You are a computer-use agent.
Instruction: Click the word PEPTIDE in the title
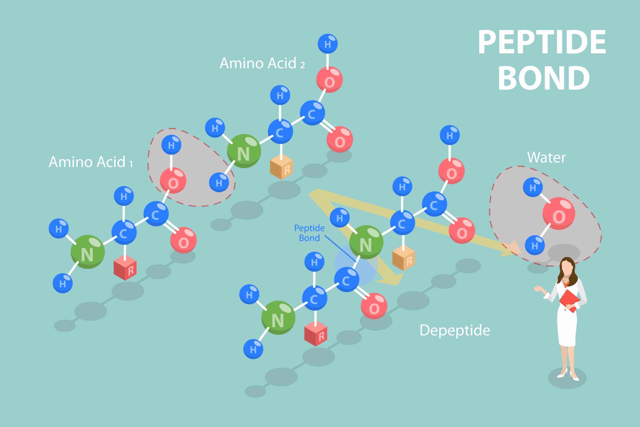pyautogui.click(x=542, y=42)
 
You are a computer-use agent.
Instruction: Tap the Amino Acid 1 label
pyautogui.click(x=90, y=162)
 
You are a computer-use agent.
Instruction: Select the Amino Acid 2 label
pyautogui.click(x=262, y=64)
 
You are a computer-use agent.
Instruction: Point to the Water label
pyautogui.click(x=546, y=158)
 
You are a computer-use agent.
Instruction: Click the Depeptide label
pyautogui.click(x=455, y=330)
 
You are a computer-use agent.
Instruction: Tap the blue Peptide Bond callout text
pyautogui.click(x=309, y=233)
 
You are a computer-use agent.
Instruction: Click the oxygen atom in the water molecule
pyautogui.click(x=559, y=214)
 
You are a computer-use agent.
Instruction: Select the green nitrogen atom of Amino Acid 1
pyautogui.click(x=87, y=252)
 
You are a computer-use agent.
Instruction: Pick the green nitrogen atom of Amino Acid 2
pyautogui.click(x=244, y=151)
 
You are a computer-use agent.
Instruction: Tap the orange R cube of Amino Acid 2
pyautogui.click(x=281, y=167)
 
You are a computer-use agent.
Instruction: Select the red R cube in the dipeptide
pyautogui.click(x=316, y=333)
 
